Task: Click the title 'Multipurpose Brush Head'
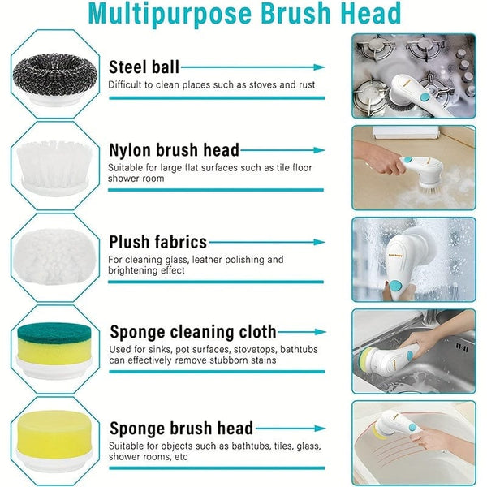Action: pos(244,14)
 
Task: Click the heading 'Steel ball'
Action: pos(144,67)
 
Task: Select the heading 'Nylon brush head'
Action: pos(174,150)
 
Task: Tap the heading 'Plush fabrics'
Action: pos(157,242)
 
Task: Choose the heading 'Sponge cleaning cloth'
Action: pos(192,332)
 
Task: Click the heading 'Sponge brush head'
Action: pos(180,428)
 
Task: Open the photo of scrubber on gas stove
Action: pos(413,75)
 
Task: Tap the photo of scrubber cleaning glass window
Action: pos(413,257)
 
